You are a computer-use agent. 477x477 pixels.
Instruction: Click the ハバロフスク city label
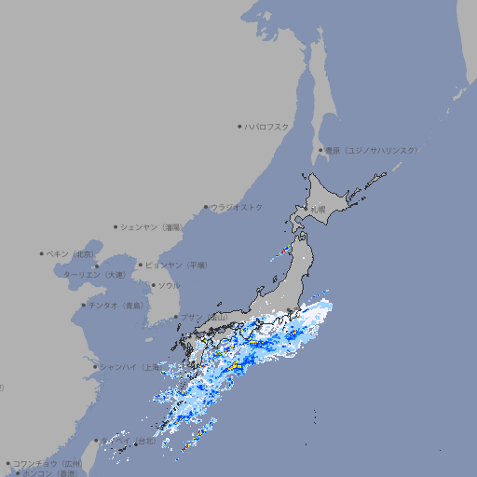[267, 127]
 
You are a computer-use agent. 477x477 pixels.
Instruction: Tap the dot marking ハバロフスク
[240, 127]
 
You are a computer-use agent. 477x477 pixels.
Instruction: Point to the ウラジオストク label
[237, 207]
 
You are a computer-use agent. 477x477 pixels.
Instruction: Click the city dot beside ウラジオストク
[206, 207]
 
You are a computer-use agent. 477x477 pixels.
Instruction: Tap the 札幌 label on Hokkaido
[319, 210]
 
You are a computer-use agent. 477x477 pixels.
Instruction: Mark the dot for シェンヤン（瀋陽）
[116, 226]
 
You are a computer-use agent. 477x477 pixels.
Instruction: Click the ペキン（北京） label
[72, 253]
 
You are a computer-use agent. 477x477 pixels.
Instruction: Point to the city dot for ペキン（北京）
[42, 253]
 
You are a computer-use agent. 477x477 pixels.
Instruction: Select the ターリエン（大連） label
[94, 275]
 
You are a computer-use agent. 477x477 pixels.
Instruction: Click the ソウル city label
[169, 285]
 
